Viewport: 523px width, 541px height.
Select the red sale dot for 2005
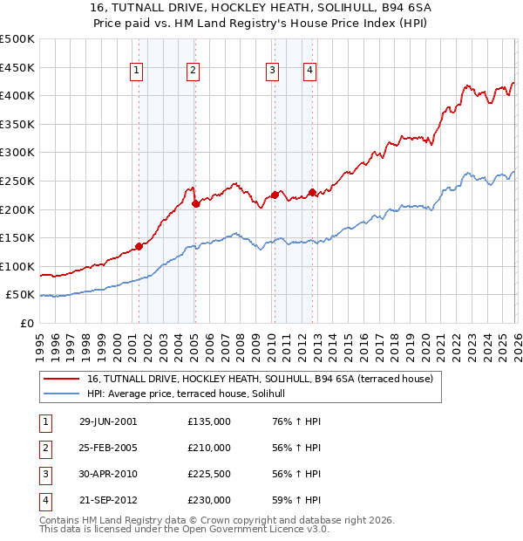click(195, 204)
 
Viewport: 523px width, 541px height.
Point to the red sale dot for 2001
click(139, 246)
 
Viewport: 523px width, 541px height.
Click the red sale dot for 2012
click(312, 192)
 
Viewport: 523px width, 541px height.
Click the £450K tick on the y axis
click(17, 67)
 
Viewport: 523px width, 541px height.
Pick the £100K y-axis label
click(17, 266)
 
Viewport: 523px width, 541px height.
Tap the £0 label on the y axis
click(26, 323)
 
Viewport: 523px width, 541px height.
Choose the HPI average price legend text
click(193, 394)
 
